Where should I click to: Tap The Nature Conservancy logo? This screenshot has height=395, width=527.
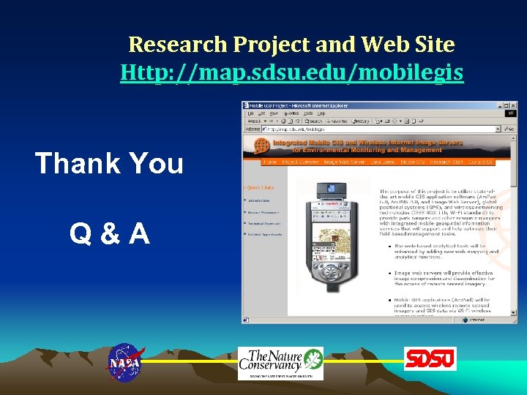tap(280, 362)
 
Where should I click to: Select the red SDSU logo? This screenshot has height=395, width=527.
tap(430, 359)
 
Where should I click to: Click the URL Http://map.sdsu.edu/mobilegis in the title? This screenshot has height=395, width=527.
tap(291, 72)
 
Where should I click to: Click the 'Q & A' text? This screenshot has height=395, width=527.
tap(110, 233)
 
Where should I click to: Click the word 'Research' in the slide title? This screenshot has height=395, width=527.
tap(178, 45)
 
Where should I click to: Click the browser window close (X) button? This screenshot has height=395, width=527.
tap(512, 105)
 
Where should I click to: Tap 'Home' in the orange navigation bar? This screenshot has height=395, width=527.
tap(270, 162)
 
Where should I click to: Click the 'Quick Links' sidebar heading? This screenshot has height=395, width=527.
tap(261, 187)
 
